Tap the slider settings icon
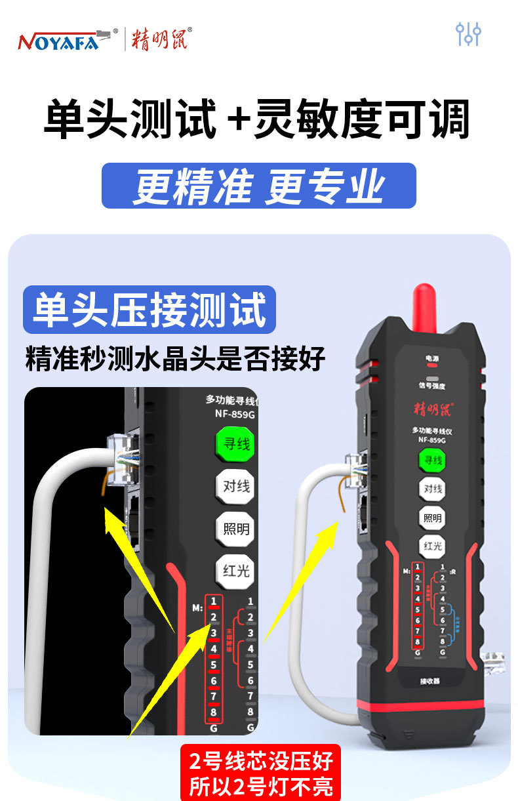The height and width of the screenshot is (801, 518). [469, 34]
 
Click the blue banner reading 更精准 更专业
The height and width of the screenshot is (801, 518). [258, 186]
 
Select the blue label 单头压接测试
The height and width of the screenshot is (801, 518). [149, 310]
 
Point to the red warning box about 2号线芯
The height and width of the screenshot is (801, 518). [261, 773]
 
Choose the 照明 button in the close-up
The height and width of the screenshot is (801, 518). [236, 528]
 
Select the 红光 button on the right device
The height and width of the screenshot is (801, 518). [432, 546]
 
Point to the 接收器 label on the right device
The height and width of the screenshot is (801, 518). [430, 681]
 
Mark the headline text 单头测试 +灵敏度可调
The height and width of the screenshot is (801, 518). [257, 119]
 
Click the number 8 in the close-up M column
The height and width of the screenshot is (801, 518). [214, 712]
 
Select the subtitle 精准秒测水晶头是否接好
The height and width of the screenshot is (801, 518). [175, 359]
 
